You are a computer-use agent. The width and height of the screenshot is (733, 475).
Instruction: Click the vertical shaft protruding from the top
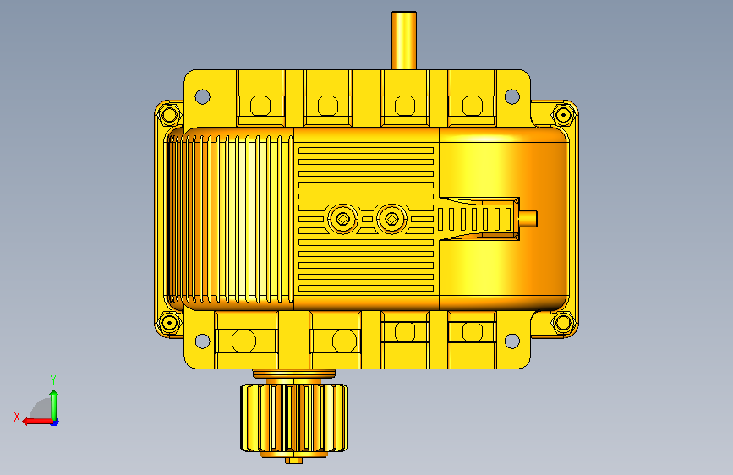(404, 41)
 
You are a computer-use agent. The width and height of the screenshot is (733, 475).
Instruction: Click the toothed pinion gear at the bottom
(294, 418)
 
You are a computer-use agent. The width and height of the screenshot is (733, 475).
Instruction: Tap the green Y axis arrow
(54, 406)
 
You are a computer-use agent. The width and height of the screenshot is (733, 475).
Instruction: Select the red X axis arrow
(37, 422)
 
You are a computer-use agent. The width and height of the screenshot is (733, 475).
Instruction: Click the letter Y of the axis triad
(53, 380)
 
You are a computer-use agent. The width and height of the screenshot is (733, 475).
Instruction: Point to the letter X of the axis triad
(17, 417)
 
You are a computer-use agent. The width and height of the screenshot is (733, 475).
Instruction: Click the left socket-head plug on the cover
(342, 219)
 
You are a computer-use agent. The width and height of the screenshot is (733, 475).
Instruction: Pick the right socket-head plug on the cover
(391, 219)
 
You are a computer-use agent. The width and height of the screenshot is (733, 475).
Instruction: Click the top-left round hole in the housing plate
(202, 97)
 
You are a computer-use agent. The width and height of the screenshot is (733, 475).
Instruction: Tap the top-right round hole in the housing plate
(512, 97)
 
